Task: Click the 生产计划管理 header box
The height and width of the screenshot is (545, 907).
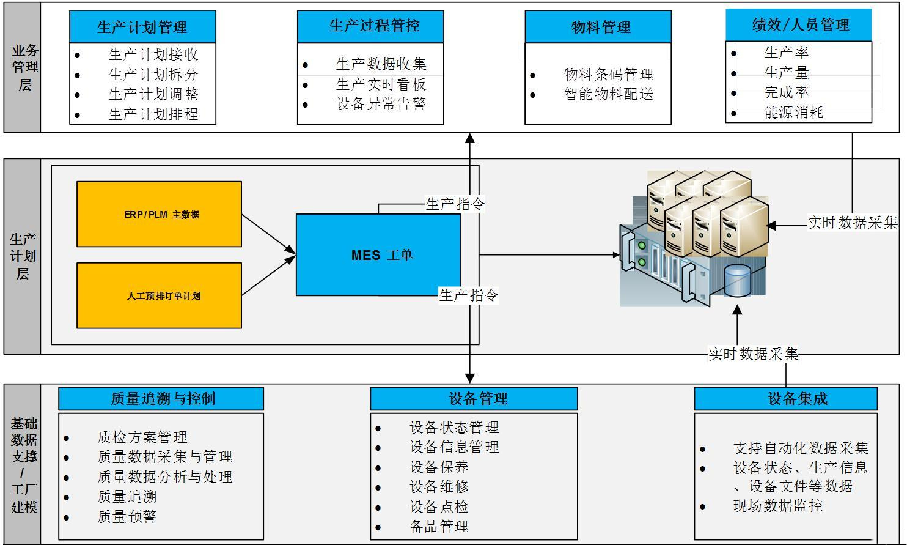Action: tap(142, 27)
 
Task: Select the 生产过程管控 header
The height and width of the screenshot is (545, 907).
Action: tap(370, 26)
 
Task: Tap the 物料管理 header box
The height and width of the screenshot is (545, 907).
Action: tap(598, 27)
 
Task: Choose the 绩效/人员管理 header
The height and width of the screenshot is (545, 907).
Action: tap(798, 25)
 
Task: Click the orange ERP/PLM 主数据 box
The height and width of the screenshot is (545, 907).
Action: tap(159, 214)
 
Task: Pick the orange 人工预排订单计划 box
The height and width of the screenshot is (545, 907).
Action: tap(159, 295)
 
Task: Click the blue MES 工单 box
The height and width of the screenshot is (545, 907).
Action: tap(378, 255)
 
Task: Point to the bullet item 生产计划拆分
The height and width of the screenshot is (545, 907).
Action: tap(153, 75)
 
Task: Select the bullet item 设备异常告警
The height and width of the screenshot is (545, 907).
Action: tap(381, 104)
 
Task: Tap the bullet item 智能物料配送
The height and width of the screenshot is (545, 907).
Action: tap(609, 94)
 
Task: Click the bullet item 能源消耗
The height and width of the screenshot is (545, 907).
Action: tap(794, 113)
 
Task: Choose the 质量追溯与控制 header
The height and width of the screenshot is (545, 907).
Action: tap(161, 399)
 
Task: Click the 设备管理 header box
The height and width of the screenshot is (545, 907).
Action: tap(474, 399)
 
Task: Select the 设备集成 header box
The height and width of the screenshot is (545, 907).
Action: tap(785, 399)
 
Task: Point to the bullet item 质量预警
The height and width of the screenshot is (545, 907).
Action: tap(127, 517)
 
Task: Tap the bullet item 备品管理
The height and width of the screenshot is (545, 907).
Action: tap(439, 527)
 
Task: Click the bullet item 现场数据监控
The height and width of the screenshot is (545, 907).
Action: tap(777, 506)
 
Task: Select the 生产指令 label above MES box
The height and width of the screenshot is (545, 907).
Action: tap(455, 204)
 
